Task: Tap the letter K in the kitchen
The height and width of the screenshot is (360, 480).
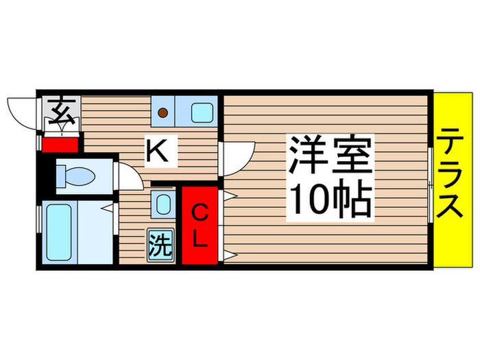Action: [x=157, y=150]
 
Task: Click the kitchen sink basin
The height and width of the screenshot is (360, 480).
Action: [x=201, y=110]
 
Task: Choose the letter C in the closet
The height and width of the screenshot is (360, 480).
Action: [x=199, y=213]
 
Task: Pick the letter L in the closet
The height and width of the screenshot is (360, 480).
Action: [x=199, y=239]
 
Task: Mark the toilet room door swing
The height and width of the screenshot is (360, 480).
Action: [x=129, y=175]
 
